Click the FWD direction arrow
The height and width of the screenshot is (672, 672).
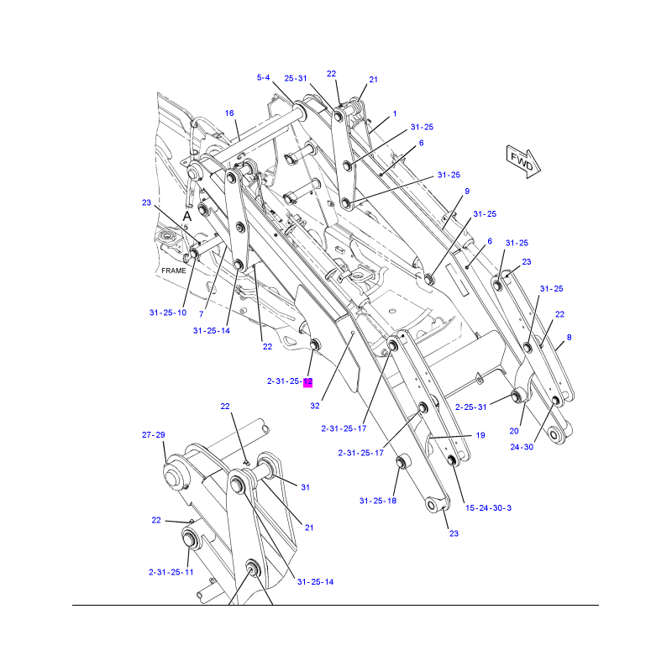point(522,160)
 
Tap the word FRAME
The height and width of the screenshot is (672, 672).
point(174,270)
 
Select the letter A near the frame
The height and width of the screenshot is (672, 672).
point(188,216)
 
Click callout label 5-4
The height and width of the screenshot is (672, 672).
point(263,78)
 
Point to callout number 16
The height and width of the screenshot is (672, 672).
point(228,113)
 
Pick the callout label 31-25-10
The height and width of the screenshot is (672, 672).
point(168,312)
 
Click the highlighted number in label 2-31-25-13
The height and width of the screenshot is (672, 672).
point(307,382)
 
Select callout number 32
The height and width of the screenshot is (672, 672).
point(315,406)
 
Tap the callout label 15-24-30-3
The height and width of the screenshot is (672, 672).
point(489,508)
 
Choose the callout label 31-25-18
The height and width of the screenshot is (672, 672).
point(378,501)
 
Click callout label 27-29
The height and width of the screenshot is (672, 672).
point(153,435)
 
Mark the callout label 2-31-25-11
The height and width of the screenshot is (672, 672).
point(171,572)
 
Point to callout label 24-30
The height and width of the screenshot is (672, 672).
point(522,447)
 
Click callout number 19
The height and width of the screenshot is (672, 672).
point(480,435)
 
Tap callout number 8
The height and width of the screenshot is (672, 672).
point(569,338)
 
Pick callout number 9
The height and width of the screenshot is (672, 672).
point(466,192)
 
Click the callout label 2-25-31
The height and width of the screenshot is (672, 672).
point(471,407)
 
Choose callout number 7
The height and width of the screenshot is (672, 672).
point(202,314)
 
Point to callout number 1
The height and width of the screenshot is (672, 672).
point(395,113)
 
